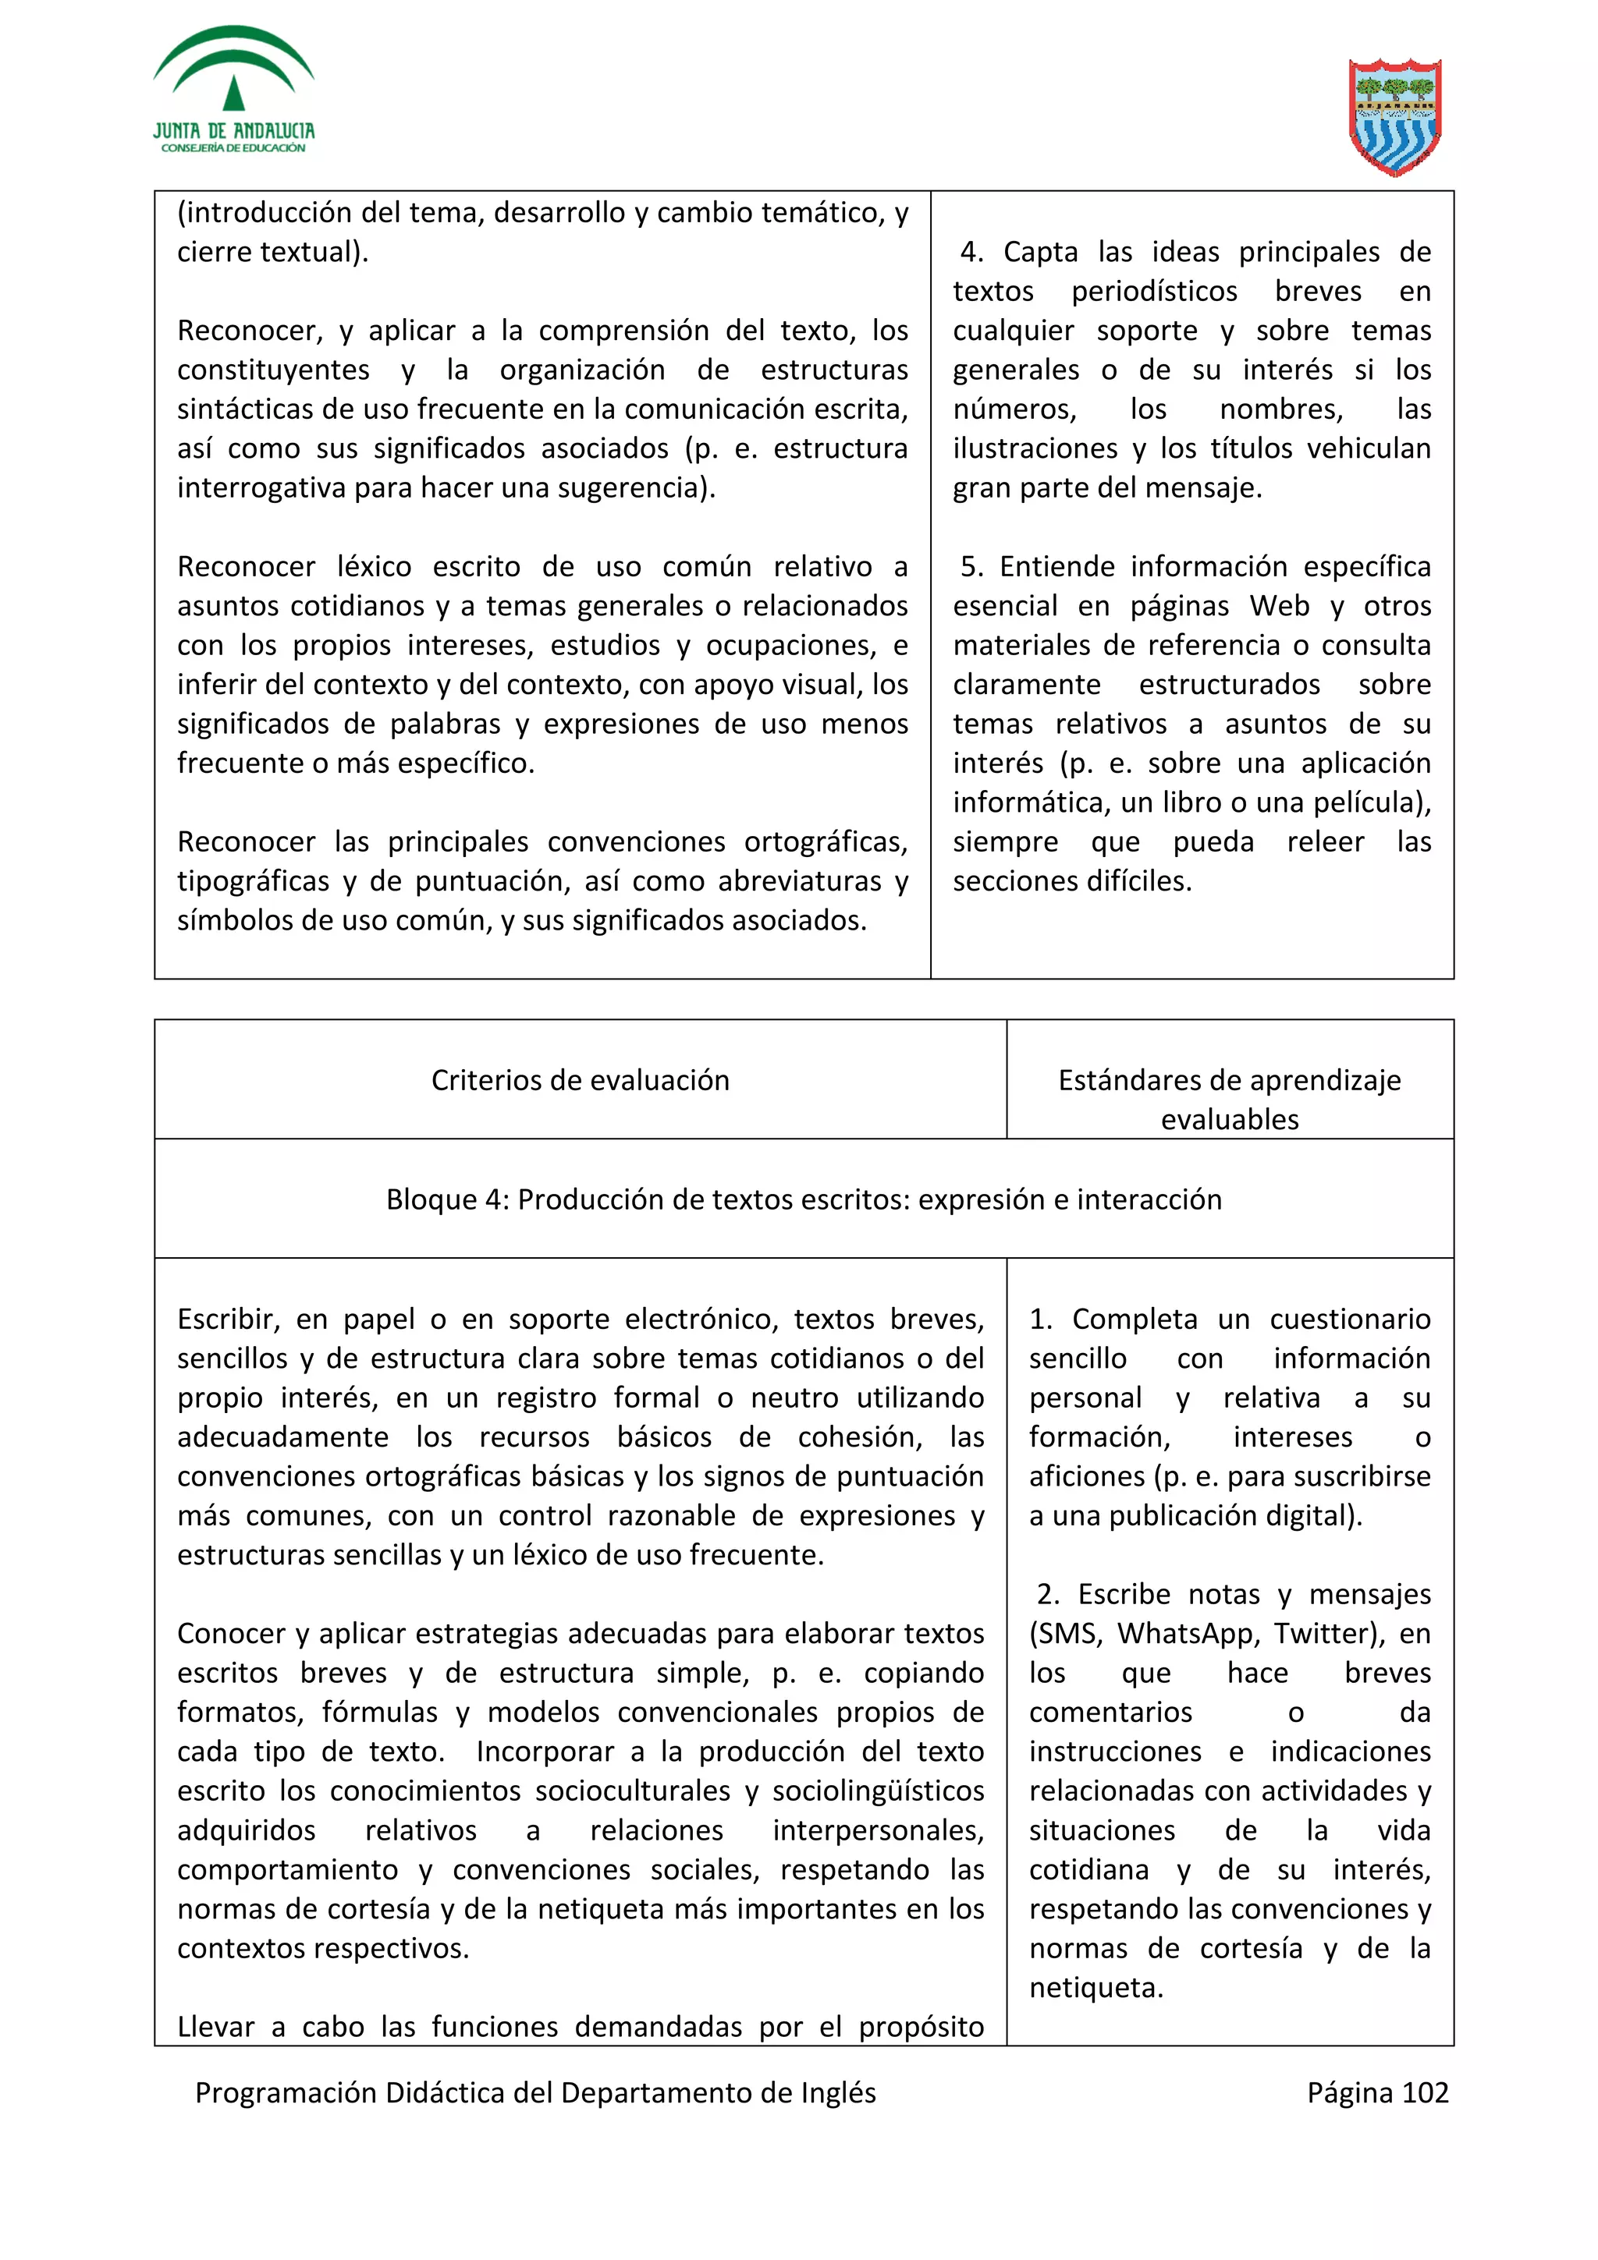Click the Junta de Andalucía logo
(x=233, y=90)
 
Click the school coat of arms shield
(x=1394, y=116)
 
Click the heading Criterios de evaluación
(x=580, y=1080)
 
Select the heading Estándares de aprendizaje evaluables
(x=1229, y=1099)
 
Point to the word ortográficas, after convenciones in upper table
(x=825, y=842)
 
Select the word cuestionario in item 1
(x=1349, y=1319)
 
